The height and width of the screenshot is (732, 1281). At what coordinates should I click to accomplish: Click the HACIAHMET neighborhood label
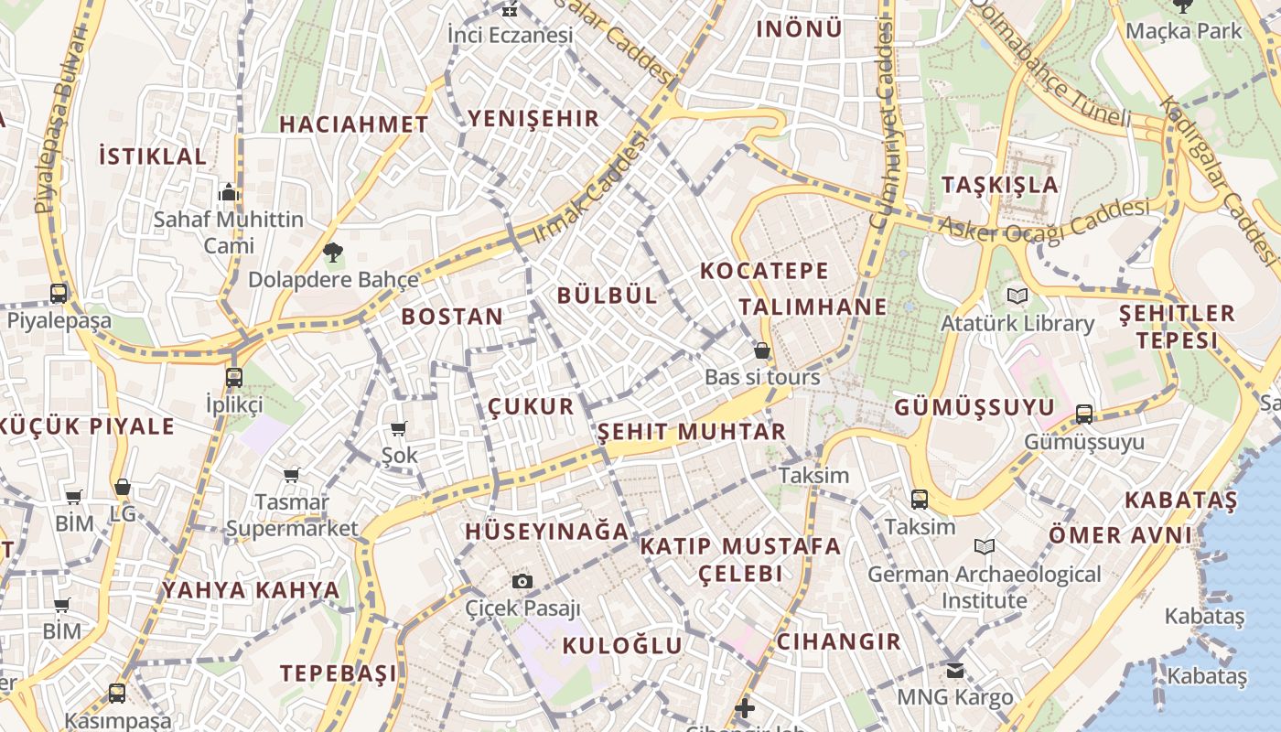point(353,124)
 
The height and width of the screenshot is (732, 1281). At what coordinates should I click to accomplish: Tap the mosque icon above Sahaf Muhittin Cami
point(228,192)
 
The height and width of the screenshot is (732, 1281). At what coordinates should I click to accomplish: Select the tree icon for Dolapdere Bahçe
point(332,252)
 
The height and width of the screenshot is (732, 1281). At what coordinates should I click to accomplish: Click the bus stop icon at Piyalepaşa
point(59,294)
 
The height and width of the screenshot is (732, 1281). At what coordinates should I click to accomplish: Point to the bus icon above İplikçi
point(234,377)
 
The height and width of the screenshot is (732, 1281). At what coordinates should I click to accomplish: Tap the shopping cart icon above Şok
point(398,428)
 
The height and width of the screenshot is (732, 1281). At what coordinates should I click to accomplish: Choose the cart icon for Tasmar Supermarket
point(291,475)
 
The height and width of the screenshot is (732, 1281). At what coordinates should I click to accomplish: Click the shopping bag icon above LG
point(122,487)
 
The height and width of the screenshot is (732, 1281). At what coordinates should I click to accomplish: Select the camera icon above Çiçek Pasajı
point(522,581)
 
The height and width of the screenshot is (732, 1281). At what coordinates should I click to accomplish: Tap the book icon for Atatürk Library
point(1017,296)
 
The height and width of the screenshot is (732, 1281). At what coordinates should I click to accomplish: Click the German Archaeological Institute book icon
point(984,547)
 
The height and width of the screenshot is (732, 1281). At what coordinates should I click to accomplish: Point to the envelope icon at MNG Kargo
point(955,671)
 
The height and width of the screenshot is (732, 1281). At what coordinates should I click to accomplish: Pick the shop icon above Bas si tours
point(761,350)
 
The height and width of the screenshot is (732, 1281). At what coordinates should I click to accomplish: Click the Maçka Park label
point(1184,31)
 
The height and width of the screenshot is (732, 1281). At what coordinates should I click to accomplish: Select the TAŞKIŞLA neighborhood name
point(1000,185)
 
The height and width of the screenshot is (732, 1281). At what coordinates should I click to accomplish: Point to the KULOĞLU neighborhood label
point(622,646)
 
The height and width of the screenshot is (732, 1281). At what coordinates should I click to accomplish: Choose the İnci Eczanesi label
point(510,35)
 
